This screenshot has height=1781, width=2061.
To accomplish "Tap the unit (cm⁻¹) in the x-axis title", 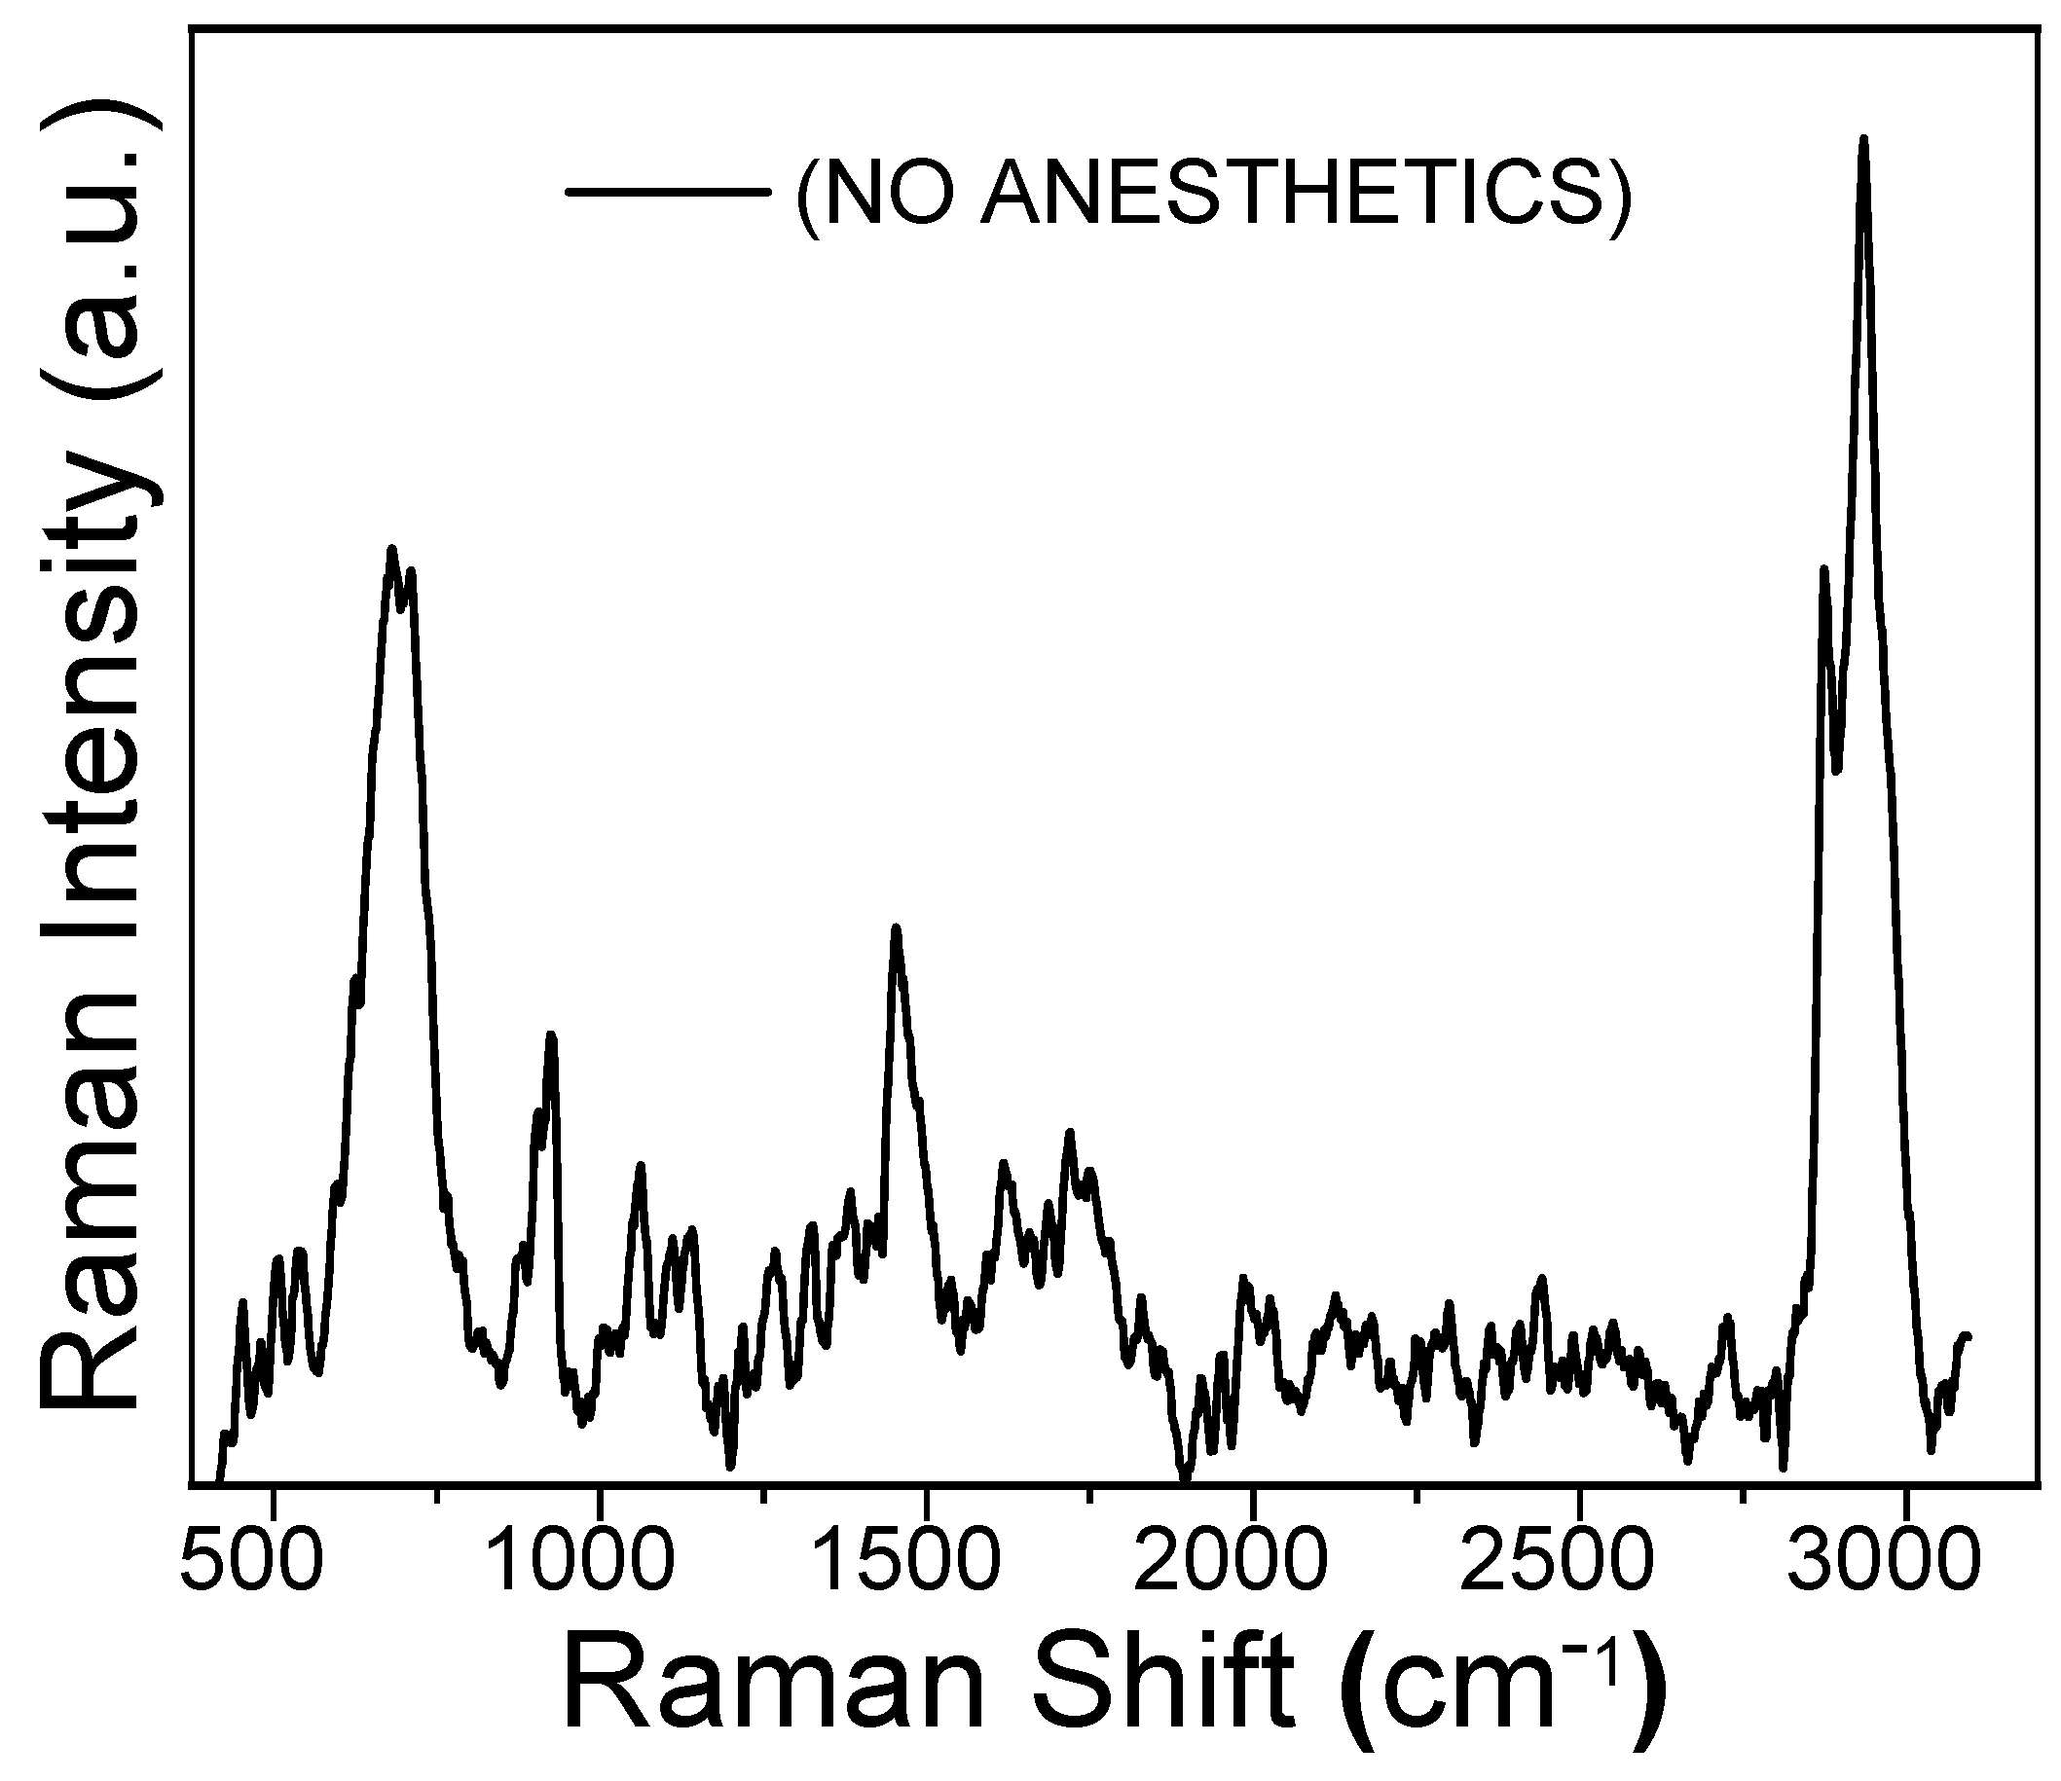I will (x=1502, y=1688).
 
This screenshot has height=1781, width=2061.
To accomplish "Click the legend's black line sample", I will (x=668, y=191).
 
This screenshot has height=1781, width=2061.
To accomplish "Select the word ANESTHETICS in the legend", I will (x=1293, y=192).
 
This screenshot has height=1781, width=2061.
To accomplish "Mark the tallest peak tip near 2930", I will (x=1863, y=139).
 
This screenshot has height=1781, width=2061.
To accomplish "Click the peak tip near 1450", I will (x=897, y=927).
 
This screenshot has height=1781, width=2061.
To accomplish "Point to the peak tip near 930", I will (x=551, y=1036).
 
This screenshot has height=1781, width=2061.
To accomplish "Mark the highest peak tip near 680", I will (x=392, y=548).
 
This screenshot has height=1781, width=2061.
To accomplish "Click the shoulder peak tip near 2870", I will (x=1823, y=568).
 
